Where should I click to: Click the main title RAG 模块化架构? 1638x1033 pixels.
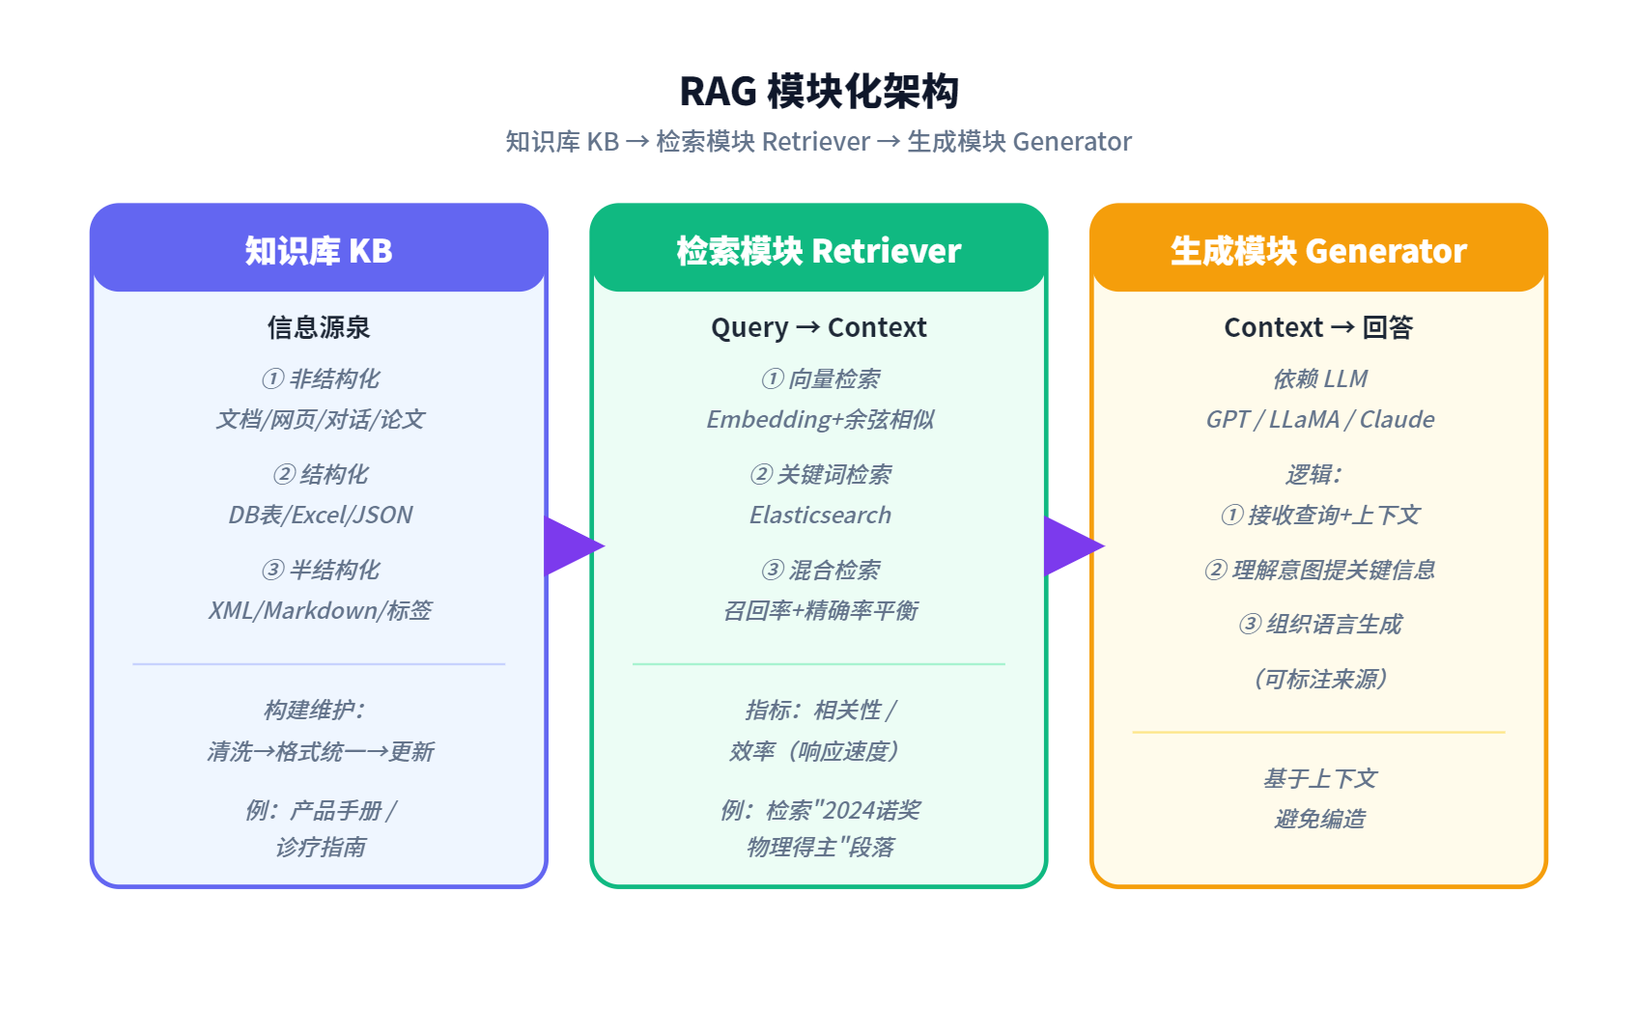click(819, 92)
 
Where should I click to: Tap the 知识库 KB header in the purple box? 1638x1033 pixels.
click(319, 251)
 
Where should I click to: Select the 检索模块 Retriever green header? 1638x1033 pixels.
click(819, 251)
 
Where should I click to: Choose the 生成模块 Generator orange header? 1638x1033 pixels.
click(1318, 251)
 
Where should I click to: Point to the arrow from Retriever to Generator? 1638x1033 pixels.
click(1073, 546)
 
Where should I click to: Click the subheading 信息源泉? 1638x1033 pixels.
click(319, 327)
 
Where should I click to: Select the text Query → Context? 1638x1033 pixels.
click(819, 327)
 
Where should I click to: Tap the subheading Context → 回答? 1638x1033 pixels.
click(1318, 327)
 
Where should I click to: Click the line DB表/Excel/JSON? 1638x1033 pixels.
click(321, 515)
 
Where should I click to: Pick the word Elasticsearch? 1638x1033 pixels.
click(820, 515)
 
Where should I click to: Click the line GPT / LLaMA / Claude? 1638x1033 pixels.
click(1319, 420)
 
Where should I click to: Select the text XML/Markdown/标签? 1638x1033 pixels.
click(321, 610)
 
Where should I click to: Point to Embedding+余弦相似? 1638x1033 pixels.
click(820, 420)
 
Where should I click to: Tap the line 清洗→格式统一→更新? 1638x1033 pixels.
click(321, 751)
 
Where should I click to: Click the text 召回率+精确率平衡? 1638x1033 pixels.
click(820, 610)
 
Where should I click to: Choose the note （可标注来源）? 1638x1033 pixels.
click(1319, 679)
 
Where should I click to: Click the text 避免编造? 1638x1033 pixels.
click(1319, 819)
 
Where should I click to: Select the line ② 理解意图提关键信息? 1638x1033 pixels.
click(1319, 570)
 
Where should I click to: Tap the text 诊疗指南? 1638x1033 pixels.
click(321, 848)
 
